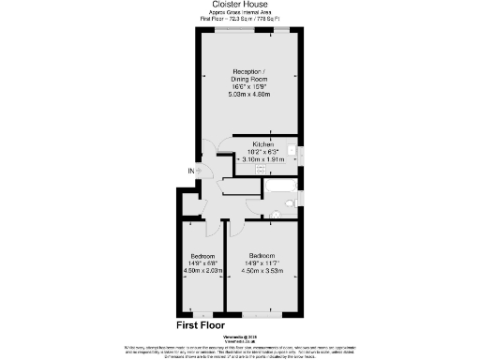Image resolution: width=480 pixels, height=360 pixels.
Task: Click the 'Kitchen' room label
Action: [262, 142]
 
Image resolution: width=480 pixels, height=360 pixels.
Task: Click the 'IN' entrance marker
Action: [192, 171]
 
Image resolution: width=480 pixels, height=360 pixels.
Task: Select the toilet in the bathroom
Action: [290, 201]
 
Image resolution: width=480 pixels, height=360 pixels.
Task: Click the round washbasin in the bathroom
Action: [276, 215]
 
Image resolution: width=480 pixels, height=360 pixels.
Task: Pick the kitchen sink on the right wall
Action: [292, 150]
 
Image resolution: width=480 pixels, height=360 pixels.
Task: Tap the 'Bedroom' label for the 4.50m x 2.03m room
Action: [203, 256]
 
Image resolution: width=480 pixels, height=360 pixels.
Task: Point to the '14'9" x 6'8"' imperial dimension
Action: [203, 263]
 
